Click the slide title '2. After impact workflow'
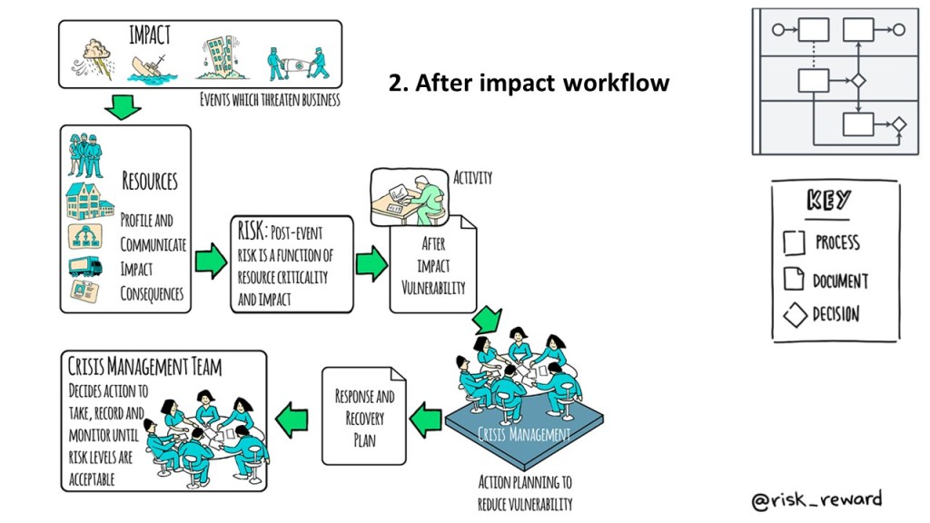pos(529,84)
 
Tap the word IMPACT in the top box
pos(150,36)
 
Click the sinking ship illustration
pos(151,68)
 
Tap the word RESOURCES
pos(150,180)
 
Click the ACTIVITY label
pos(471,178)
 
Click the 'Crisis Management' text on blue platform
pos(524,435)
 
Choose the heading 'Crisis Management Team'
pos(144,367)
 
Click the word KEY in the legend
pos(828,202)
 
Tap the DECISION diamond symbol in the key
pos(795,316)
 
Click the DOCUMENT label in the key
pos(840,281)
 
